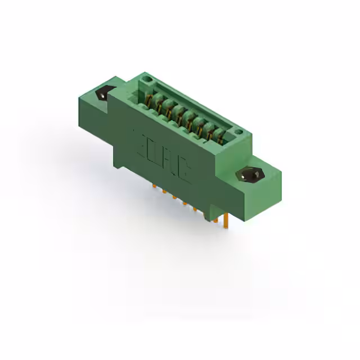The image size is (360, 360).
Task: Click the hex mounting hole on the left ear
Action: [x=105, y=94]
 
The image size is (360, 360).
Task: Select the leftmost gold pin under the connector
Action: [x=153, y=185]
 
